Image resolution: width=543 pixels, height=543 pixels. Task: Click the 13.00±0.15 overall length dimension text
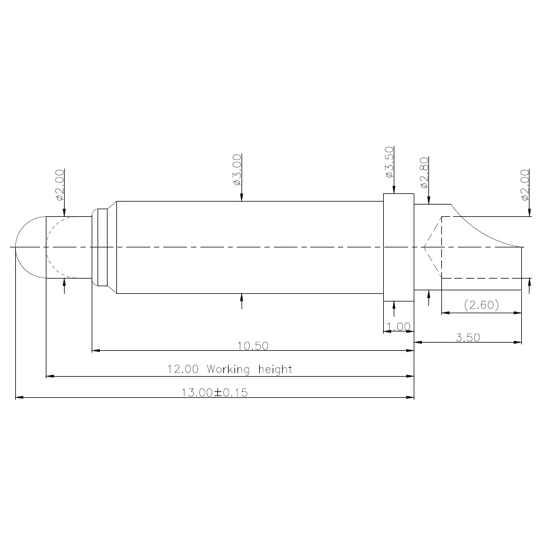tap(214, 393)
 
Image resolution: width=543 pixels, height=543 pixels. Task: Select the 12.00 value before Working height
tap(183, 369)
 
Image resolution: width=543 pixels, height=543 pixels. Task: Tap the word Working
tap(228, 369)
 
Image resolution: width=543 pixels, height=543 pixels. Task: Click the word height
tap(275, 369)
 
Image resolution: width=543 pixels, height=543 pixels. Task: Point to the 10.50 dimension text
tap(253, 346)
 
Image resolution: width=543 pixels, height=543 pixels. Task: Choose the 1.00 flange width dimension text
tap(398, 327)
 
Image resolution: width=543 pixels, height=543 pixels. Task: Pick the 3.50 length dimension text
tap(468, 337)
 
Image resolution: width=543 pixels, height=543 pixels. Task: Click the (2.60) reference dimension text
tap(481, 305)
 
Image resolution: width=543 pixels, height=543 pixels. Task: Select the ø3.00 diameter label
tap(237, 170)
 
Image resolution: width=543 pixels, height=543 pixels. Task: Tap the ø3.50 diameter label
tap(389, 162)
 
